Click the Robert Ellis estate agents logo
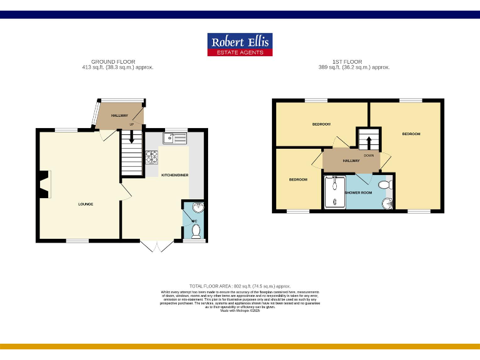coord(239,44)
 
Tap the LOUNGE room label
coord(86,204)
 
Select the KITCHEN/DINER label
coord(175,175)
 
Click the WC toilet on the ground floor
coord(196,231)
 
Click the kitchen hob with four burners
coord(152,157)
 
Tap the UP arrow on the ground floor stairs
coord(131,132)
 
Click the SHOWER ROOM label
coord(358,192)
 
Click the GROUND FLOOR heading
coord(113,62)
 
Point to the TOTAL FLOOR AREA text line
coord(240,286)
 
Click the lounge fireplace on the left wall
coord(42,185)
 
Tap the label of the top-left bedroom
coord(321,124)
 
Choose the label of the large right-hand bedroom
coord(411,134)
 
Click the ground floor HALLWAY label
coord(119,116)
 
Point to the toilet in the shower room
coord(386,184)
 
